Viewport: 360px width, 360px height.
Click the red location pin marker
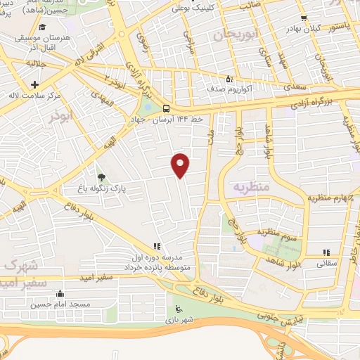point(181,165)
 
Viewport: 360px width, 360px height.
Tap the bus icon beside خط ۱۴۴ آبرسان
point(167,108)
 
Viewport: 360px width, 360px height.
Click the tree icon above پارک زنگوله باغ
point(101,177)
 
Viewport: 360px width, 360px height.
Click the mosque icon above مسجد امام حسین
point(59,294)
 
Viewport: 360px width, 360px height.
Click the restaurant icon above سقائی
point(326,252)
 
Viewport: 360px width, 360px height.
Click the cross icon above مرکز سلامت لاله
point(34,83)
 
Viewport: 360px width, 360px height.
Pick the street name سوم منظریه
point(277,232)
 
